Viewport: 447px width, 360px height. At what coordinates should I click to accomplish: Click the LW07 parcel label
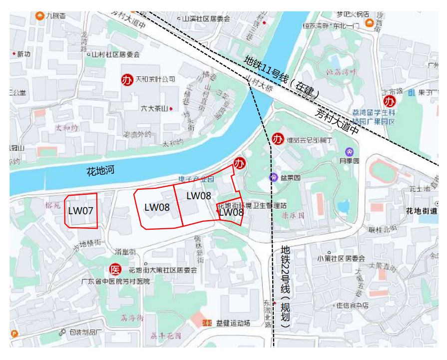81,211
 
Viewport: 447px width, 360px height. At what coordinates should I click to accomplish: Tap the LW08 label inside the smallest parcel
231,212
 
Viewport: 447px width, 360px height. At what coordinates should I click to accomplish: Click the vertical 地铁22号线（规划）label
285,286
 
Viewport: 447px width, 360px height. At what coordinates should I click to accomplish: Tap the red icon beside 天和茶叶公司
127,79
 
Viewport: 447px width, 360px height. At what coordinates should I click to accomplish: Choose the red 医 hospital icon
115,270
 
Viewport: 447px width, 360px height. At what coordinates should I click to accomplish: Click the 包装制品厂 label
85,332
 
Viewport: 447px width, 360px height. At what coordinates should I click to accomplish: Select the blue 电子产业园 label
196,179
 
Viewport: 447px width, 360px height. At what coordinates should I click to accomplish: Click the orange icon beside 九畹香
39,15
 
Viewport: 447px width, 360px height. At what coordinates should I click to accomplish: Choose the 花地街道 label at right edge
422,211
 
